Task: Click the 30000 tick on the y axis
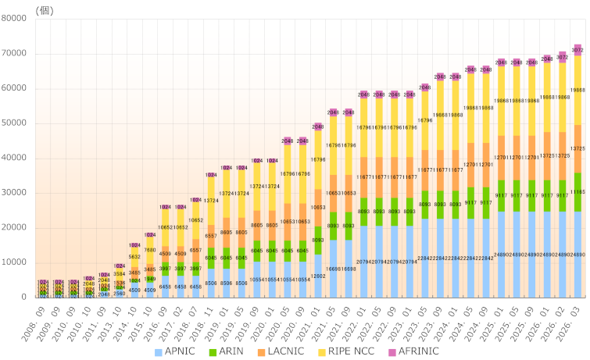(x=16, y=193)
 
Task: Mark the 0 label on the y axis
(x=27, y=298)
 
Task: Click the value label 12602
(x=318, y=276)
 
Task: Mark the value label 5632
(x=134, y=256)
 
